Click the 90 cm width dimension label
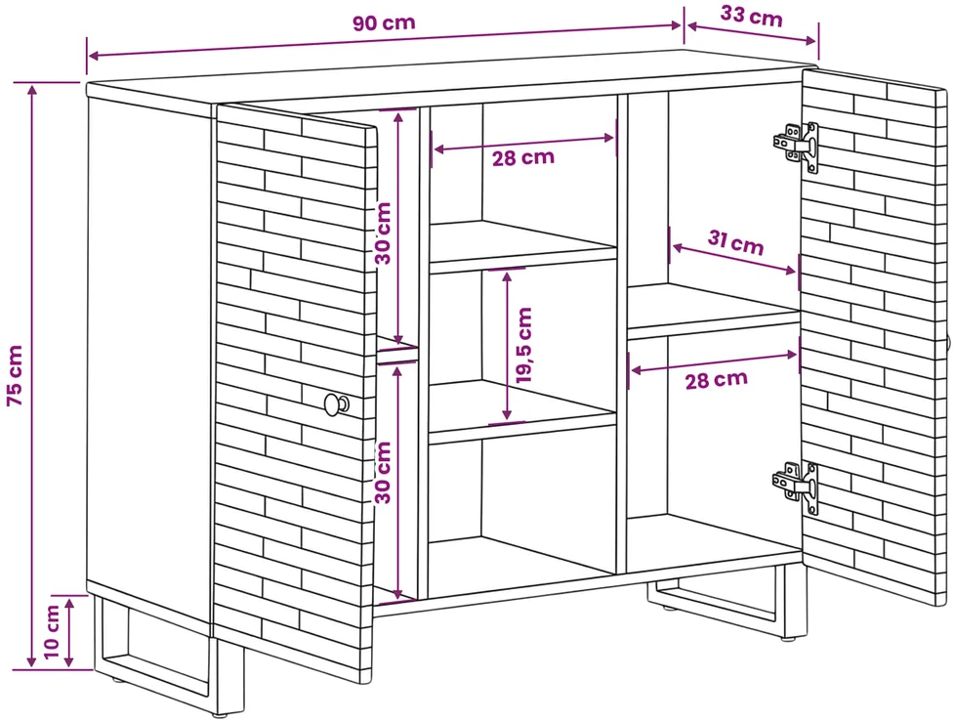[x=384, y=23]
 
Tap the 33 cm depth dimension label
[x=752, y=16]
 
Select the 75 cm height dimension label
[x=15, y=375]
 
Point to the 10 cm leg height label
[x=53, y=631]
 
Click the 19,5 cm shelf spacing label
[x=523, y=345]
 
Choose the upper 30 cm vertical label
[x=384, y=233]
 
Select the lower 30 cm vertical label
[x=384, y=473]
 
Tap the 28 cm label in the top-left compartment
[x=523, y=157]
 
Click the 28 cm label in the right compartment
[x=716, y=380]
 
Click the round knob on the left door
[x=336, y=404]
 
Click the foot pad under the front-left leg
[x=221, y=714]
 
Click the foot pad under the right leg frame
[x=790, y=639]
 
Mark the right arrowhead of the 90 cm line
[x=676, y=25]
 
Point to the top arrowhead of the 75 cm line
[x=32, y=90]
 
